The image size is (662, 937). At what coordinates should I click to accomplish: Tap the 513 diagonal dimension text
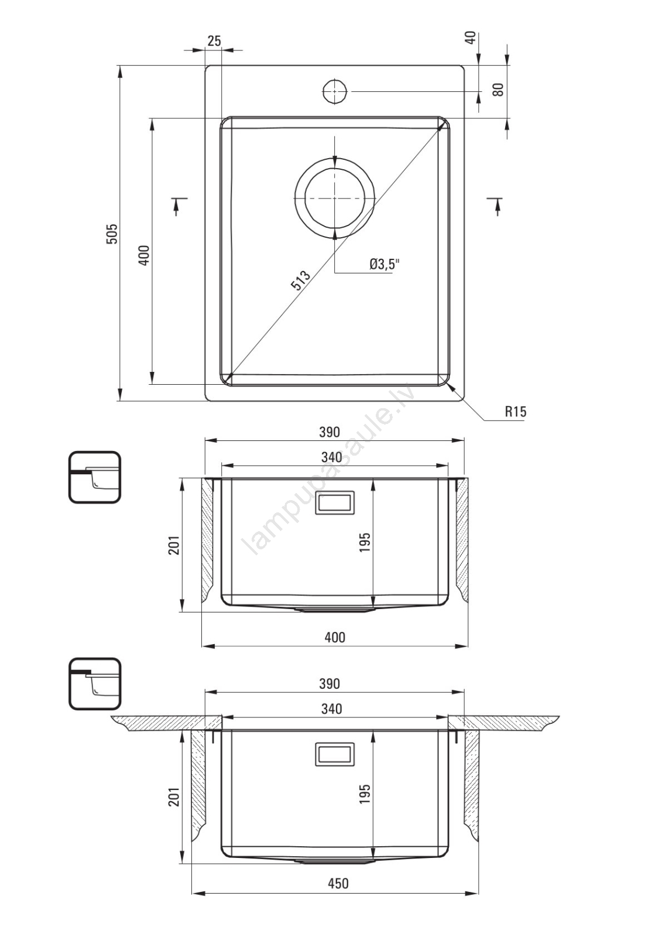[x=301, y=281]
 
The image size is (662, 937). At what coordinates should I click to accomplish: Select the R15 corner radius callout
[x=516, y=412]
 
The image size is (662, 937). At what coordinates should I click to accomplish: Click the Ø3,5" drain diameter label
[x=385, y=264]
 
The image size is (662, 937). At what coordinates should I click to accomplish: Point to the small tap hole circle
[x=335, y=91]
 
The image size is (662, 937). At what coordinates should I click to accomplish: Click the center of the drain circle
[x=335, y=197]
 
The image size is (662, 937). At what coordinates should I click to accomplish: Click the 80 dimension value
[x=498, y=90]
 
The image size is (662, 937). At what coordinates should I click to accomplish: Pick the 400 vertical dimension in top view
[x=144, y=255]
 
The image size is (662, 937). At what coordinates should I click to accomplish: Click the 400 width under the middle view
[x=335, y=637]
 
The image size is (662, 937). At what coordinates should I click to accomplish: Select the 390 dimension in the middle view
[x=329, y=432]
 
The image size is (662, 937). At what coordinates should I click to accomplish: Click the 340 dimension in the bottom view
[x=332, y=709]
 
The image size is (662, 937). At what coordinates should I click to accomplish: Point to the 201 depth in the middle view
[x=174, y=545]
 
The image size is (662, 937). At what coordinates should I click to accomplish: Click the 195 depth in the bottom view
[x=364, y=794]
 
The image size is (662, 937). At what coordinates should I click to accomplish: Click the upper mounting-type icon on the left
[x=94, y=477]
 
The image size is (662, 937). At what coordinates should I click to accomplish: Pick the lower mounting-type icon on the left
[x=94, y=684]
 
